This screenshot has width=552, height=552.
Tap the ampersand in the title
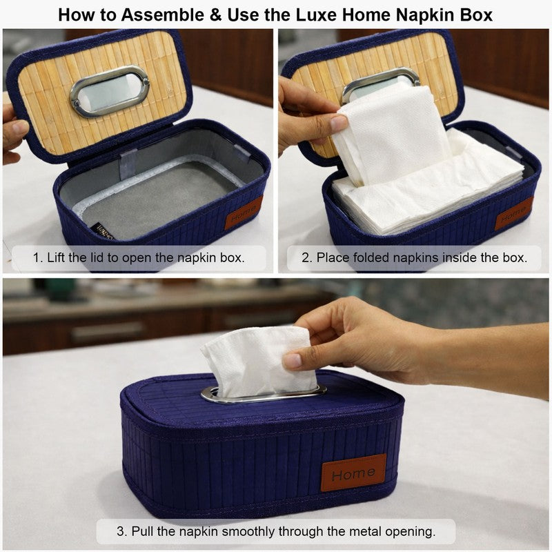click(x=215, y=14)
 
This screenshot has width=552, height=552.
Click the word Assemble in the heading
click(x=162, y=14)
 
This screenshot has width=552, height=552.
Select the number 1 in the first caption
click(x=36, y=257)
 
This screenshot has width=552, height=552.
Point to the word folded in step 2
click(x=371, y=257)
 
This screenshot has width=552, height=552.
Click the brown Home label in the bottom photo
click(x=353, y=473)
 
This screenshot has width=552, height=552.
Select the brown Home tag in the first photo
click(x=244, y=213)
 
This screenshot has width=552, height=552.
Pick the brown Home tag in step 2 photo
click(x=514, y=214)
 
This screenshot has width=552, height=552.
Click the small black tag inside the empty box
click(x=102, y=231)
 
